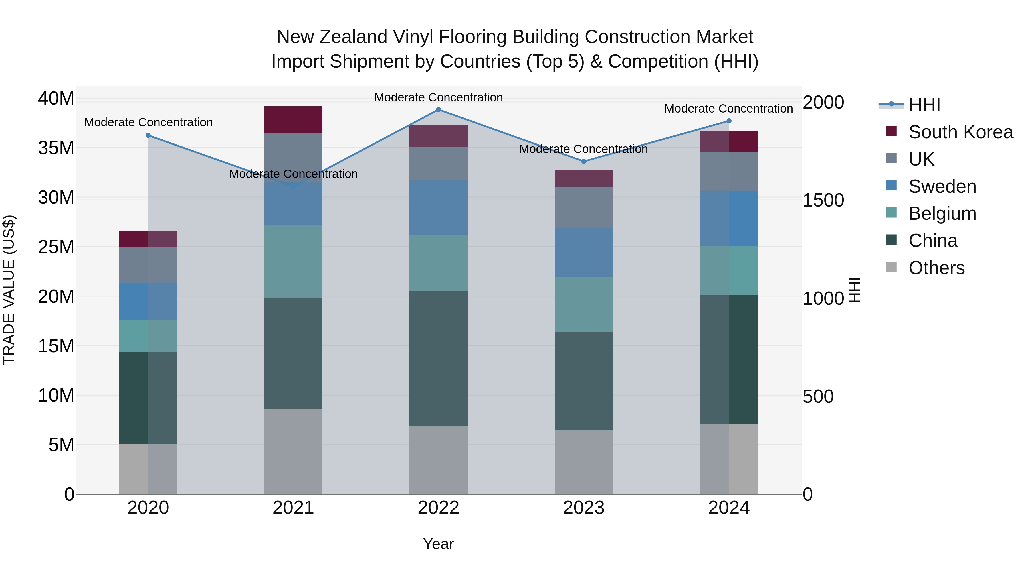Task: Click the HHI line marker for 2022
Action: click(438, 110)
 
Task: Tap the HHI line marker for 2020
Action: click(148, 135)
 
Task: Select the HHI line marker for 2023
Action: click(583, 161)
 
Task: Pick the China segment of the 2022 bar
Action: click(438, 358)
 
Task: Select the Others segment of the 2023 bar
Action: click(583, 462)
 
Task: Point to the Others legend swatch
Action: click(891, 267)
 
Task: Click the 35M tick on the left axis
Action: click(56, 148)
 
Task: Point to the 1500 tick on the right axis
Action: click(823, 200)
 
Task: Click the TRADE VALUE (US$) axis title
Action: click(9, 290)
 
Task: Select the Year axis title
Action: click(438, 544)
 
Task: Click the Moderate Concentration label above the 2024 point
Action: click(728, 109)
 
